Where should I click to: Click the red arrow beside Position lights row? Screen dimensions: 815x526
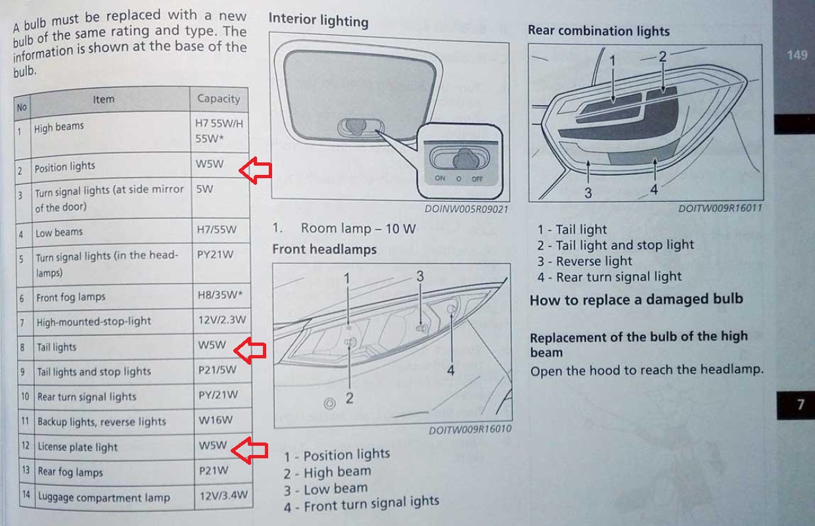click(256, 170)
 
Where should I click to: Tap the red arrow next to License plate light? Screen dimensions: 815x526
click(250, 450)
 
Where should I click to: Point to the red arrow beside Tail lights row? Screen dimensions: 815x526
click(250, 350)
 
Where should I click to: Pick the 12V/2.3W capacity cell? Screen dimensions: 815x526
click(222, 320)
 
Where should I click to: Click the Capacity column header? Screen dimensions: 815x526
click(219, 99)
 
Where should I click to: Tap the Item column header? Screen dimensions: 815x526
click(103, 99)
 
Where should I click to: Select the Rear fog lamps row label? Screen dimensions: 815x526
click(70, 472)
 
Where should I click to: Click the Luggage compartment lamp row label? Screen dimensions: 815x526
click(104, 497)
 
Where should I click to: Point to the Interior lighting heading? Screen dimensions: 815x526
click(318, 20)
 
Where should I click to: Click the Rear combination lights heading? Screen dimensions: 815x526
click(599, 31)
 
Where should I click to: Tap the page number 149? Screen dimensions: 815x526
click(797, 55)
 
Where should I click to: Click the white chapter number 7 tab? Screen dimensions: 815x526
click(801, 404)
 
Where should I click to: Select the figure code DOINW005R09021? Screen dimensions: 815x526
click(466, 209)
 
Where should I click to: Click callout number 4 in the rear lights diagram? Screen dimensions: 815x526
click(654, 189)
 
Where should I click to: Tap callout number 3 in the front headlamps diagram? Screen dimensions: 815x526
click(420, 276)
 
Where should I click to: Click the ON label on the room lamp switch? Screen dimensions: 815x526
click(440, 178)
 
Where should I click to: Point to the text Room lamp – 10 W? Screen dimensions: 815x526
click(358, 229)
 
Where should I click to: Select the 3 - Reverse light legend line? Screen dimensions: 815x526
click(585, 262)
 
